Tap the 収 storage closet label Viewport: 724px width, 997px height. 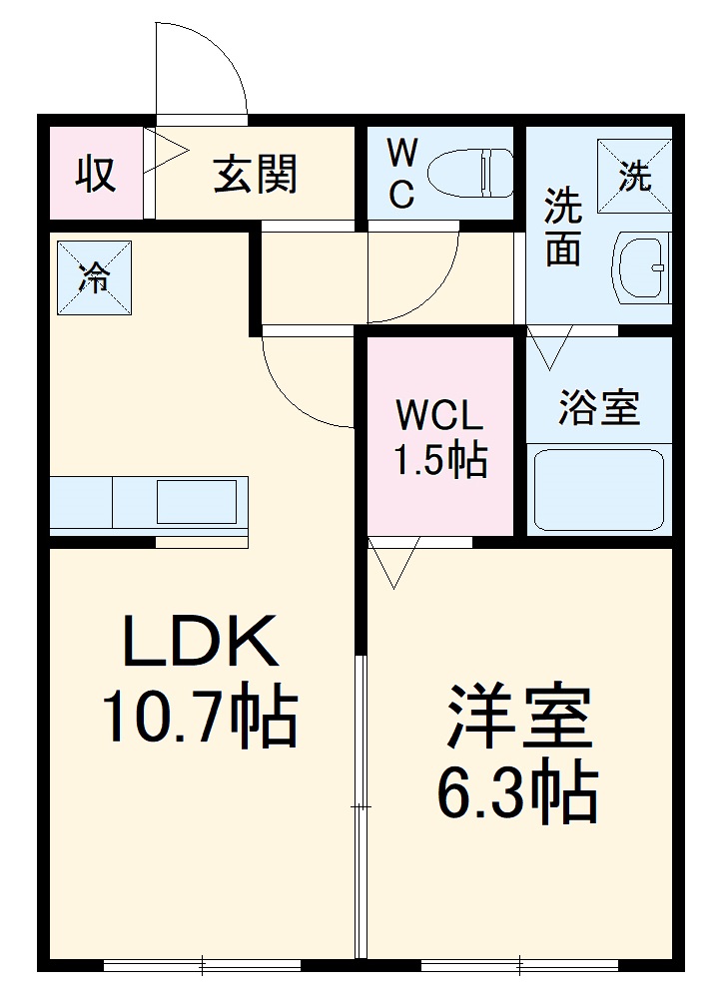(96, 175)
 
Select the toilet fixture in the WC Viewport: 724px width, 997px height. (469, 174)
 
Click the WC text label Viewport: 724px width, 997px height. (401, 175)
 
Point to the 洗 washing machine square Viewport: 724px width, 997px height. (634, 177)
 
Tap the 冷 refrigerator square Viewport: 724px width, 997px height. (94, 278)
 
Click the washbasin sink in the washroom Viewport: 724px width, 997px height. (642, 267)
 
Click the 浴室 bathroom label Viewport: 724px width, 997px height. (598, 407)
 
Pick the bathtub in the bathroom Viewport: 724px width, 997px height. (598, 490)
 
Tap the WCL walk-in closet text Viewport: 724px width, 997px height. (438, 413)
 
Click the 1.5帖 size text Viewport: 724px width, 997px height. (438, 460)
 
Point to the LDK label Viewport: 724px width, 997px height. (200, 642)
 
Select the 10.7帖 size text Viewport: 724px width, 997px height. (200, 717)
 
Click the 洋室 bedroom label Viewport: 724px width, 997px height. (519, 717)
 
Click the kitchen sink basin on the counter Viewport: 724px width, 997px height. (196, 501)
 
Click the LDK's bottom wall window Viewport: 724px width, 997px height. (202, 965)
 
